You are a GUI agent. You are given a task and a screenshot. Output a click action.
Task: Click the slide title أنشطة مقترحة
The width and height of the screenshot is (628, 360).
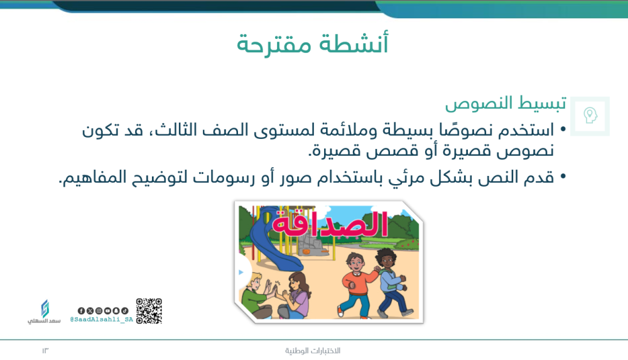tap(312, 45)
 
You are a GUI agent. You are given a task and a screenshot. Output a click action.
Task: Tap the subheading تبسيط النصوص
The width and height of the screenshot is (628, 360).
tap(506, 103)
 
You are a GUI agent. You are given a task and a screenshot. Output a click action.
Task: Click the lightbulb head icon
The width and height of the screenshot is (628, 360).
tap(590, 116)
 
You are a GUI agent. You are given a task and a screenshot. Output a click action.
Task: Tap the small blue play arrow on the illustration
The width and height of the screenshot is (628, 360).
tap(241, 273)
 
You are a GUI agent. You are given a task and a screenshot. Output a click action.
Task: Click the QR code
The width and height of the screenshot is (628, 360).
tap(149, 311)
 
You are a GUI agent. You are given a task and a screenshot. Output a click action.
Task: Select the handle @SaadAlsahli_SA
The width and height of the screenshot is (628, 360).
tap(101, 320)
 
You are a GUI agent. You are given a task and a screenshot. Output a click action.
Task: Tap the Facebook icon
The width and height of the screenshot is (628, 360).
tap(81, 311)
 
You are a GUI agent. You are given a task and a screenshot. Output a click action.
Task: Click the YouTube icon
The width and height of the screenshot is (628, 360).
tap(107, 311)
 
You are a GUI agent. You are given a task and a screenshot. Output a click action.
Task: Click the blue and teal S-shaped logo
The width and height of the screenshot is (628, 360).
tap(45, 309)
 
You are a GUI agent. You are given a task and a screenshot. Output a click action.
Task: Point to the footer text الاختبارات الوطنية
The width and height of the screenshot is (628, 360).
tap(313, 351)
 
